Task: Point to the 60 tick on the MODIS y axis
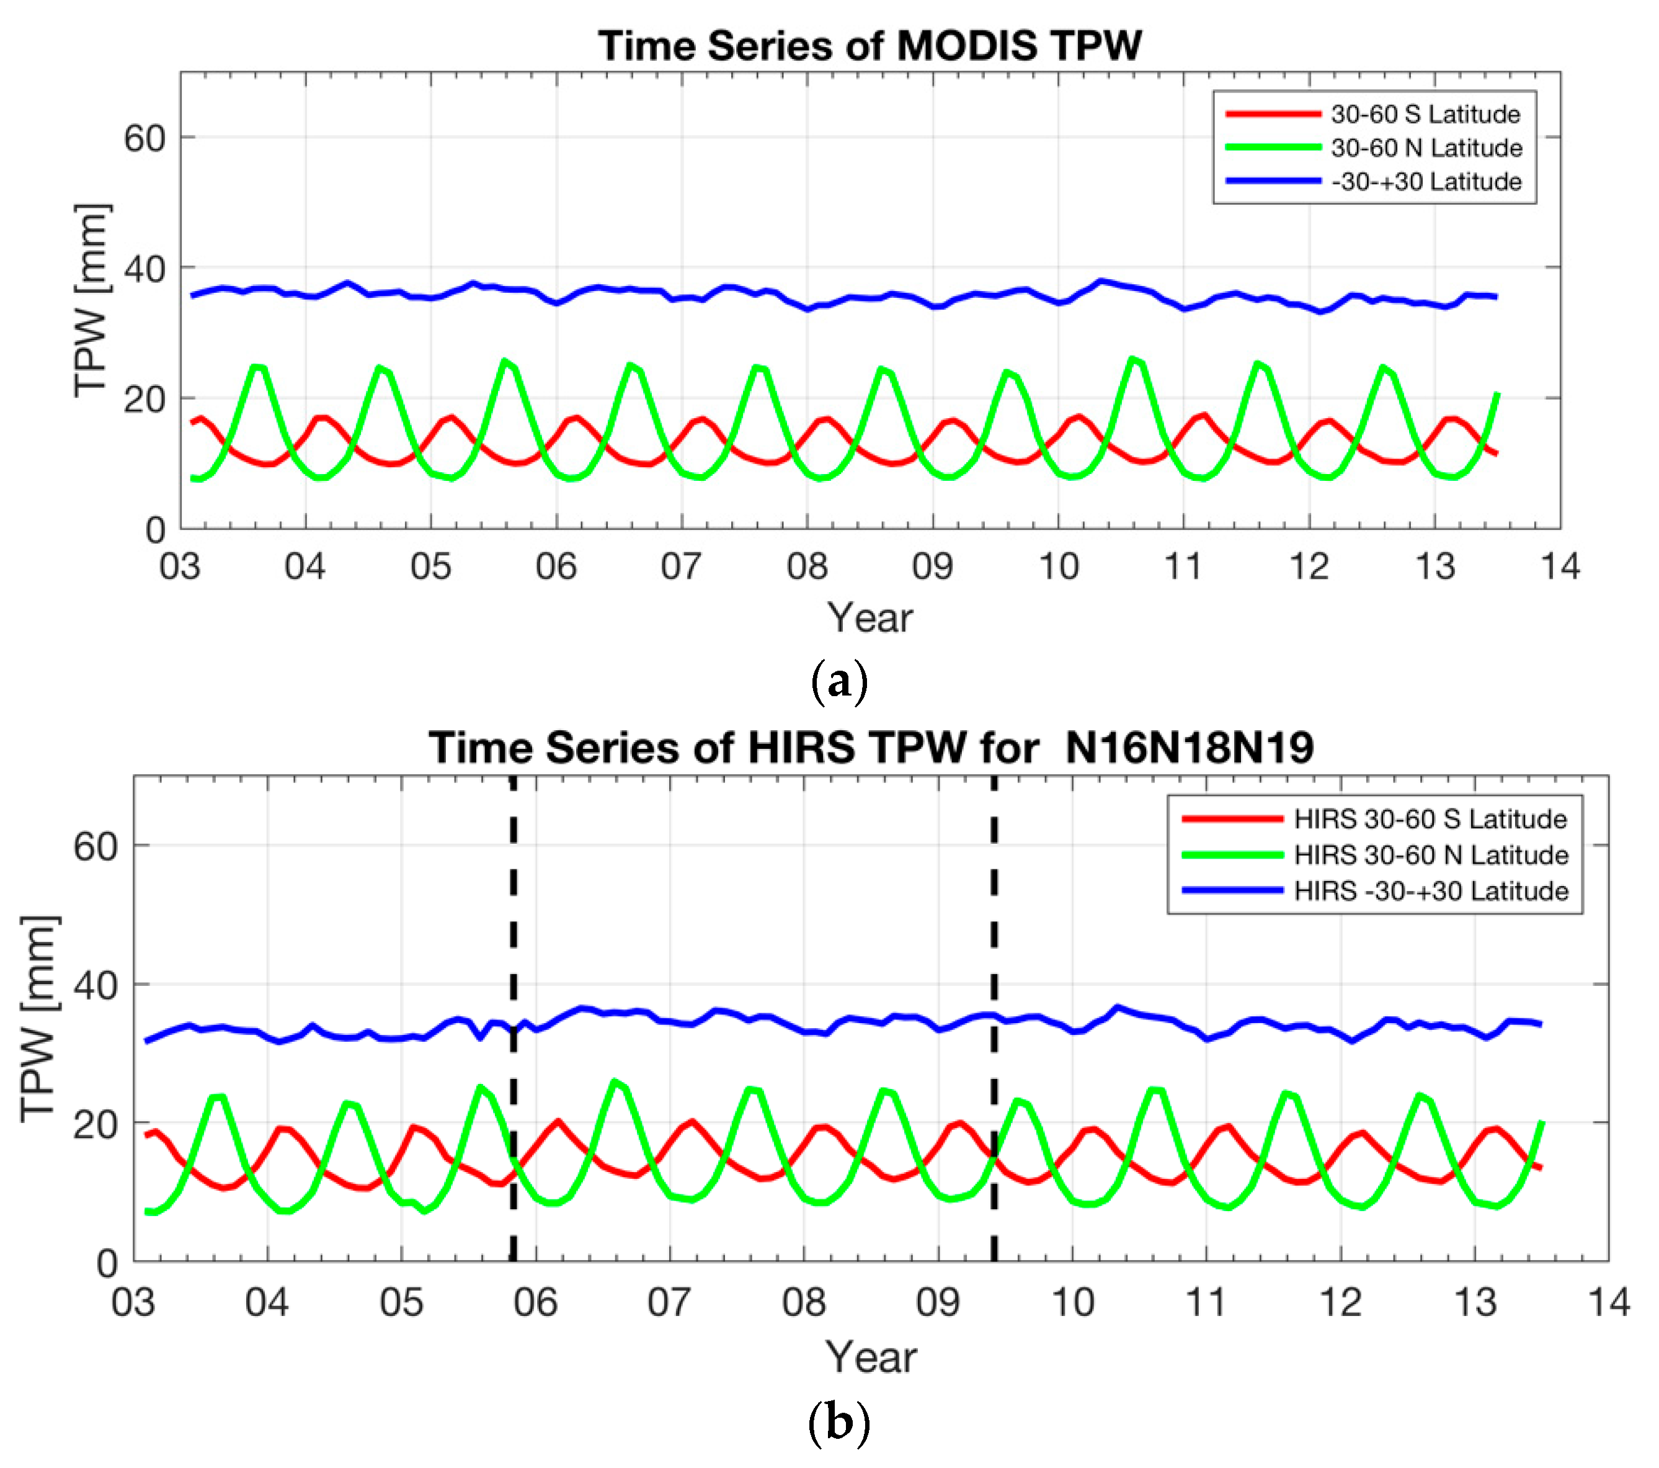tap(145, 139)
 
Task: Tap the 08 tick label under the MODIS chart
tap(806, 566)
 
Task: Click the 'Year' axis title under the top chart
tap(870, 618)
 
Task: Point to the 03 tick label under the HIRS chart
tap(133, 1302)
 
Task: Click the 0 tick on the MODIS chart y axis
tap(155, 530)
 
